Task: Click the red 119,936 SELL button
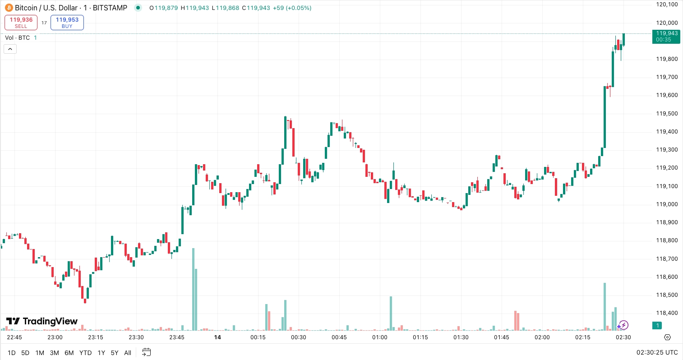[21, 23]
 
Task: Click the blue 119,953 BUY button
[67, 23]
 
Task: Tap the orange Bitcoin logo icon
[9, 8]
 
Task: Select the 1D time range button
[12, 353]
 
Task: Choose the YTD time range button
[85, 353]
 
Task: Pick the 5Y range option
[115, 353]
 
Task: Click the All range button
[128, 353]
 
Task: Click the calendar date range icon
[146, 352]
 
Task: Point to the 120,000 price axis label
[667, 23]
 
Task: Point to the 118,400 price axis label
[667, 313]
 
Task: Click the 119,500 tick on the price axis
[667, 113]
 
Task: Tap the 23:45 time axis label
[177, 337]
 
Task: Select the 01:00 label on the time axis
[380, 337]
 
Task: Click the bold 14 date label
[217, 337]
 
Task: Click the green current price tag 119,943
[666, 36]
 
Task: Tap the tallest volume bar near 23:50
[193, 289]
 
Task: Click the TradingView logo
[42, 321]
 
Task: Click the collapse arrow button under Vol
[10, 49]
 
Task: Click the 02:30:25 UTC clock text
[657, 353]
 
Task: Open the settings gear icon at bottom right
[668, 337]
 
